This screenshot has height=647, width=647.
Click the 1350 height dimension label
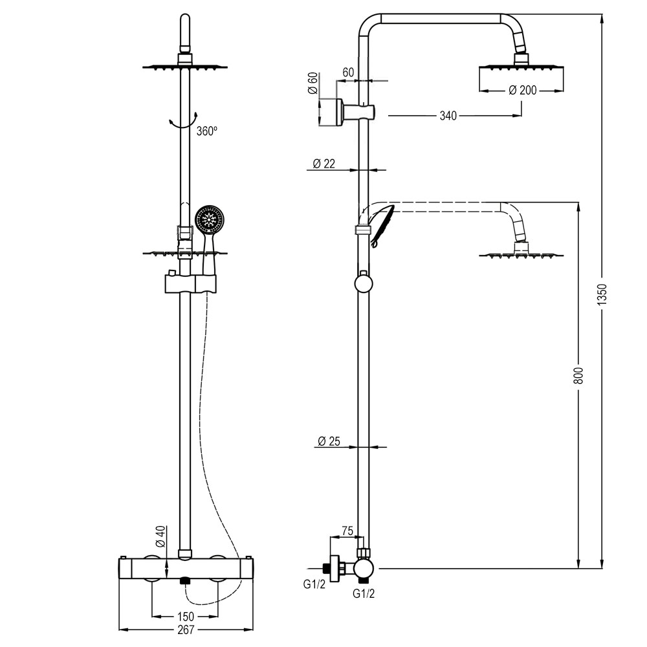coord(602,294)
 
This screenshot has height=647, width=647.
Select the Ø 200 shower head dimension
coord(522,91)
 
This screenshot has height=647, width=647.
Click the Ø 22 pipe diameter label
coord(323,164)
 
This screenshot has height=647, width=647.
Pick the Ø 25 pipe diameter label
coord(329,442)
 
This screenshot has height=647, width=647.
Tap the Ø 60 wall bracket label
coord(313,85)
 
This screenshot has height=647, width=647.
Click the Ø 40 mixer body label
coord(161,536)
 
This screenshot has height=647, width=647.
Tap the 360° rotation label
coord(206,131)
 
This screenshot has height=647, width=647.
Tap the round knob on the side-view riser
coord(363,284)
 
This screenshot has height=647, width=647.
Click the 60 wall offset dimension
coord(347,72)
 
